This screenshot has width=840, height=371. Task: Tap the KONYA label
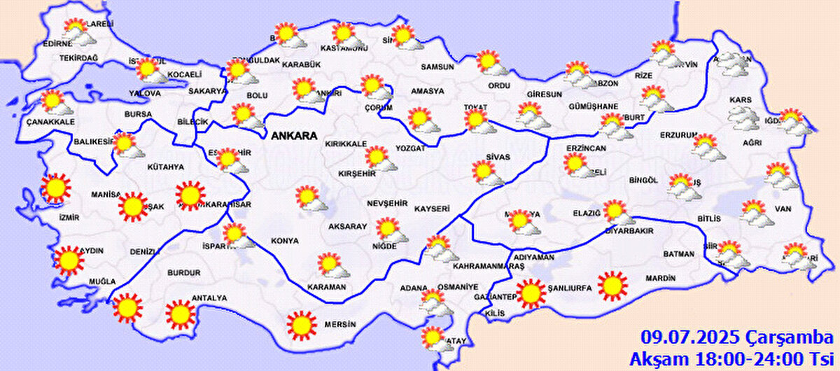[285, 241]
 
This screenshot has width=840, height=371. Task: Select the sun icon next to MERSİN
[302, 325]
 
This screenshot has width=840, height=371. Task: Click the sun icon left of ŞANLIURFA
[531, 293]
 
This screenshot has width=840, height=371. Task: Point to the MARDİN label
[660, 279]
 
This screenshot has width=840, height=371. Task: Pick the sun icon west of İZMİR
[56, 188]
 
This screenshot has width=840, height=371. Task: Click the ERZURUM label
[678, 135]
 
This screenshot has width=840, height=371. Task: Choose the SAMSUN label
[437, 67]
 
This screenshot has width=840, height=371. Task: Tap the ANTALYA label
[209, 298]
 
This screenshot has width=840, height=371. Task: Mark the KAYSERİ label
[431, 209]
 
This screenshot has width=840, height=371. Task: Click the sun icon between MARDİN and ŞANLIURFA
[612, 285]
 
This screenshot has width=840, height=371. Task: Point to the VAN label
[783, 208]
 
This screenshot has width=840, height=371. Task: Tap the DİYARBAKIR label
[629, 230]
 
